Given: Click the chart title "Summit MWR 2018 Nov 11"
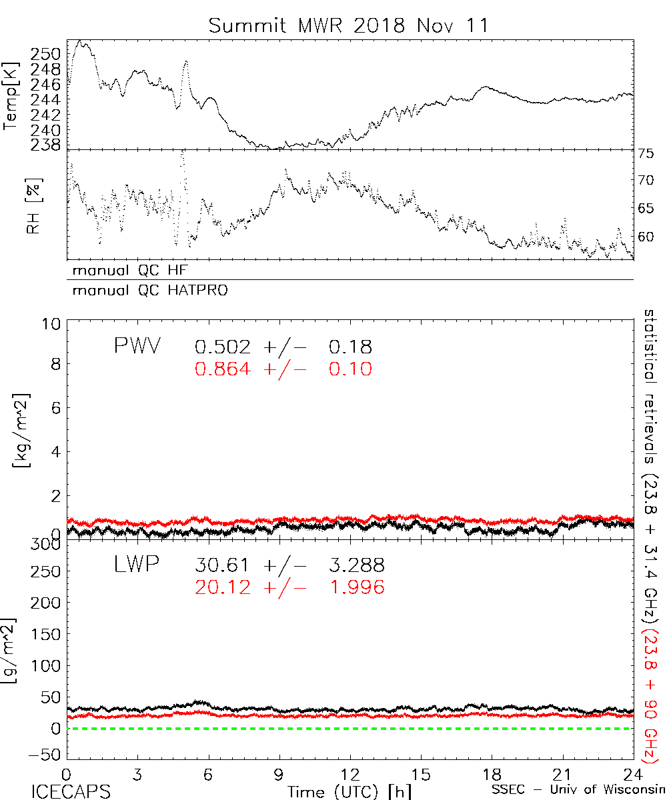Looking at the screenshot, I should pos(348,25).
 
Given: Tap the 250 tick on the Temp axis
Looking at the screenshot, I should pos(49,55).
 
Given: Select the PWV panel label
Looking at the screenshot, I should pos(137,347).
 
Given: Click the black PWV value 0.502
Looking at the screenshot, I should pos(223,347).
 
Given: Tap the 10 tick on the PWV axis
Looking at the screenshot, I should pos(53,325).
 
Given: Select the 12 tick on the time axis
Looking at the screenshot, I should pos(349,775).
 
